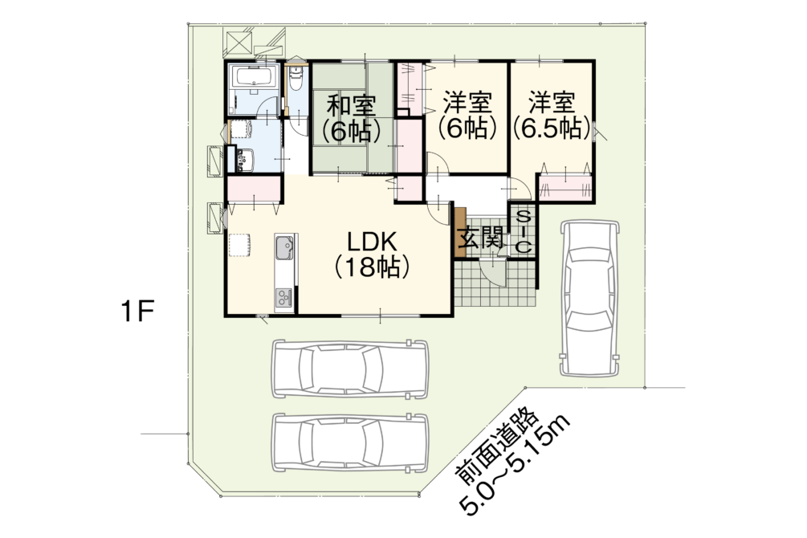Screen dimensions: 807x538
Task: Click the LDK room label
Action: (x=372, y=254)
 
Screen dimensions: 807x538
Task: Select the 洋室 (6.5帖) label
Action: (x=552, y=116)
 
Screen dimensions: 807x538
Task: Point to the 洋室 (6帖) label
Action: (x=467, y=116)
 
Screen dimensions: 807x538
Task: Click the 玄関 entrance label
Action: (x=481, y=238)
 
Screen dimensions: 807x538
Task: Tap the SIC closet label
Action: (x=523, y=231)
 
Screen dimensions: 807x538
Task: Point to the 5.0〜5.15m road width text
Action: (x=517, y=464)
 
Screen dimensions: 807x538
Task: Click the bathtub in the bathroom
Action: (x=255, y=77)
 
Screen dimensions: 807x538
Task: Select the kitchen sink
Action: (x=284, y=247)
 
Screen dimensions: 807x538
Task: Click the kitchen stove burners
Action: (x=284, y=298)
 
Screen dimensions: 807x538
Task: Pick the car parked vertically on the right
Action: (x=589, y=298)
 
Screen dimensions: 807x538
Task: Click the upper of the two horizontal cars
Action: (x=349, y=369)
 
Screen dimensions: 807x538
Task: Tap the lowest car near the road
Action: (x=349, y=442)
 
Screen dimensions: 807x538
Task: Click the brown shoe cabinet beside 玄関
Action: (x=459, y=232)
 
